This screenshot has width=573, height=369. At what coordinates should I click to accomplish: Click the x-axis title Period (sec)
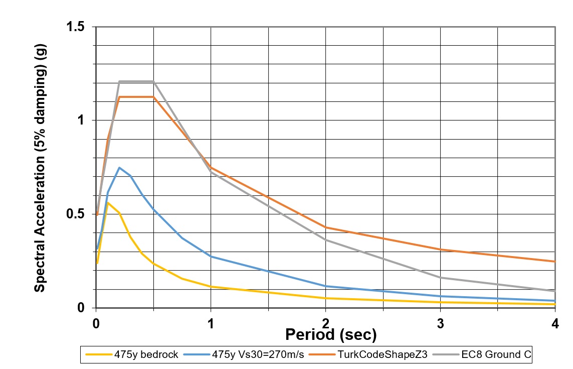point(330,334)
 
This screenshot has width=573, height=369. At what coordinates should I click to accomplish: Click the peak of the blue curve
point(119,168)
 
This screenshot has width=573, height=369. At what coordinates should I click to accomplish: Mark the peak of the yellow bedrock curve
point(108,203)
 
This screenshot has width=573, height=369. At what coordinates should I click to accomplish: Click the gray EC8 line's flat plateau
point(136,81)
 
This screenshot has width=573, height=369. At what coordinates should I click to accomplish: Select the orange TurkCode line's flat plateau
point(136,97)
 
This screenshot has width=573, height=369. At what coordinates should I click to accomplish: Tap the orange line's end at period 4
point(554,262)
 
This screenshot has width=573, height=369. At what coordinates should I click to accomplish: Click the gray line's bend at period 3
point(440,278)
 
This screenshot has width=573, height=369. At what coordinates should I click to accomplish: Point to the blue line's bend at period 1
point(211,257)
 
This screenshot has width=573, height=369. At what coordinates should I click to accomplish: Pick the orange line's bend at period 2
point(326,227)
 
